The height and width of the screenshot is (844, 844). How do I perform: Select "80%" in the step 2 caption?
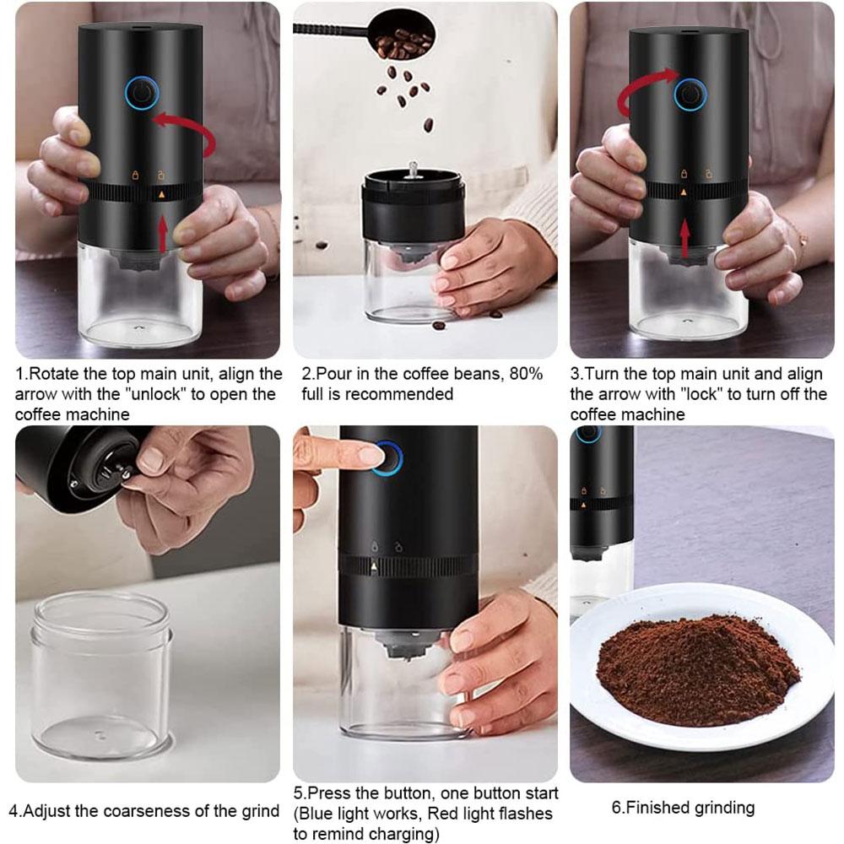523,373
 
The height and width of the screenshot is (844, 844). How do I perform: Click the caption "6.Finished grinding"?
683,808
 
